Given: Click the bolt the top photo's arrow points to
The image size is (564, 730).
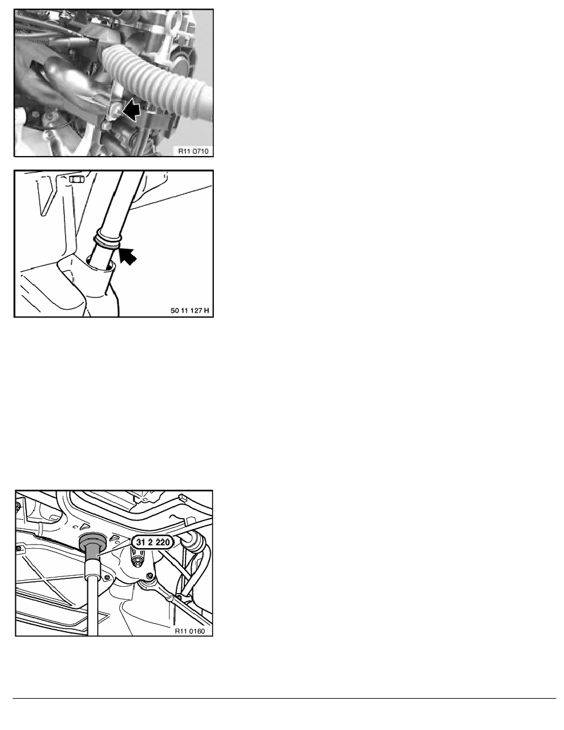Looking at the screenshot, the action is (117, 110).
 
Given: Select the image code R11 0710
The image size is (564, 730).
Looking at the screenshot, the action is (194, 151).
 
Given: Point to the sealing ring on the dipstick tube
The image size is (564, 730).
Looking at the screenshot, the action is (108, 239).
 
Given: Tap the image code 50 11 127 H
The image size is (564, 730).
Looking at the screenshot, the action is (190, 310).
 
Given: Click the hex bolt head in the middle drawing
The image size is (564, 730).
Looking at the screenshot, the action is (76, 179).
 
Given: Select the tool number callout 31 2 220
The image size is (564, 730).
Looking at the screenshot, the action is (152, 543).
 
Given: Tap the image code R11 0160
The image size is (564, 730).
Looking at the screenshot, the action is (190, 631).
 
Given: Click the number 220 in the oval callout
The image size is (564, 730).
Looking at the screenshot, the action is (162, 543).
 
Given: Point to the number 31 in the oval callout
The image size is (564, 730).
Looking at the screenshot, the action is (141, 543).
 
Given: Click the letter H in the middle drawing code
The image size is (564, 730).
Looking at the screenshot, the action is (206, 310).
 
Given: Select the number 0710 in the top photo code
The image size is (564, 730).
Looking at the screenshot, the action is (200, 151).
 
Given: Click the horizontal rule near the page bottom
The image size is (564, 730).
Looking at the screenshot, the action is (284, 698).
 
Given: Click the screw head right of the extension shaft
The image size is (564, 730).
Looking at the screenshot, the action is (108, 578).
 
